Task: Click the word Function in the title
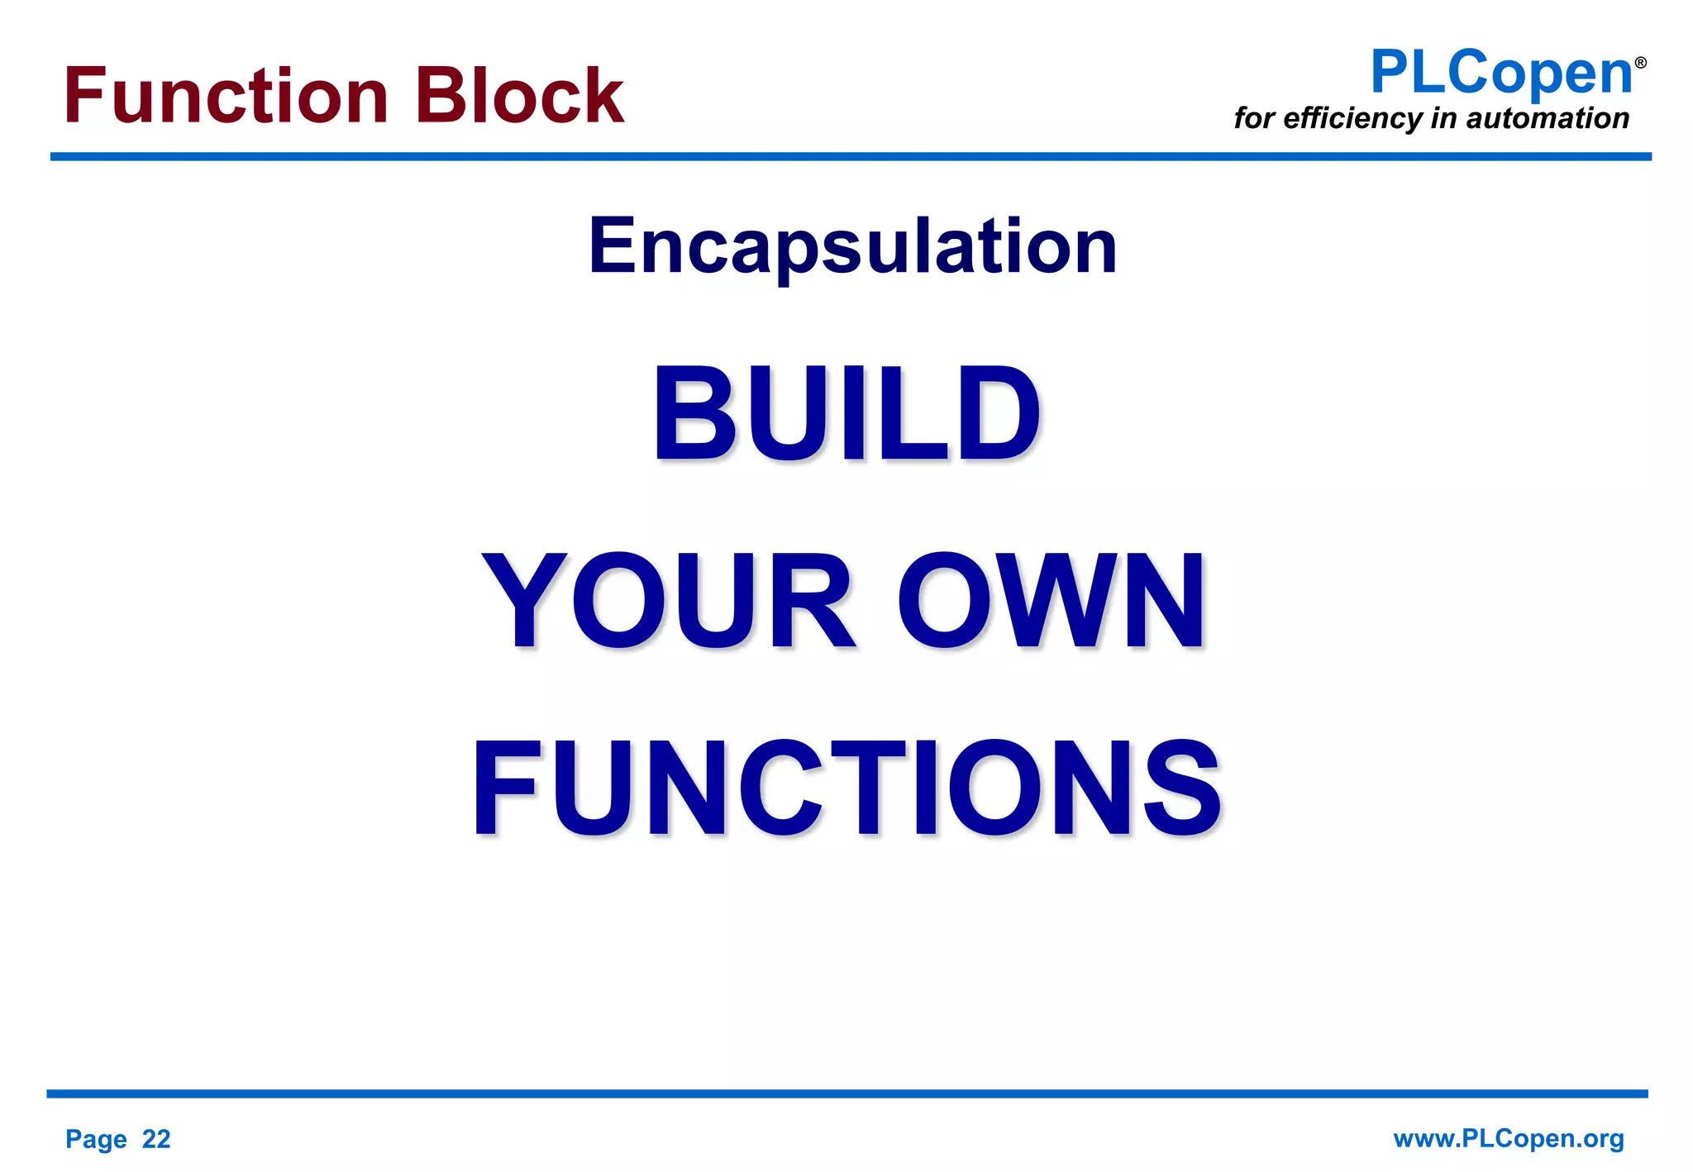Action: [226, 96]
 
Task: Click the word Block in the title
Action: [519, 96]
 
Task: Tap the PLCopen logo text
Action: [1500, 73]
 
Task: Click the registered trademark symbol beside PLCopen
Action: [1640, 63]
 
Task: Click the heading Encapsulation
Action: [852, 245]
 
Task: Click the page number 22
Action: [156, 1139]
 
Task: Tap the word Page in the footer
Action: [96, 1140]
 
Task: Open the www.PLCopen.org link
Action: [1509, 1138]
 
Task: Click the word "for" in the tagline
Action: [1254, 118]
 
